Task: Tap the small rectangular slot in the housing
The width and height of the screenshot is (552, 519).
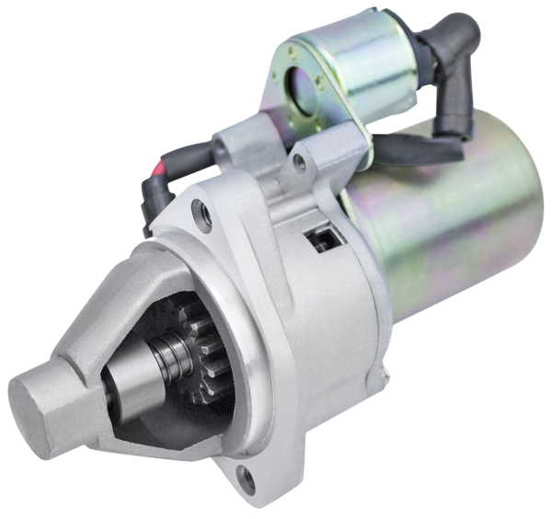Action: tap(323, 240)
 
